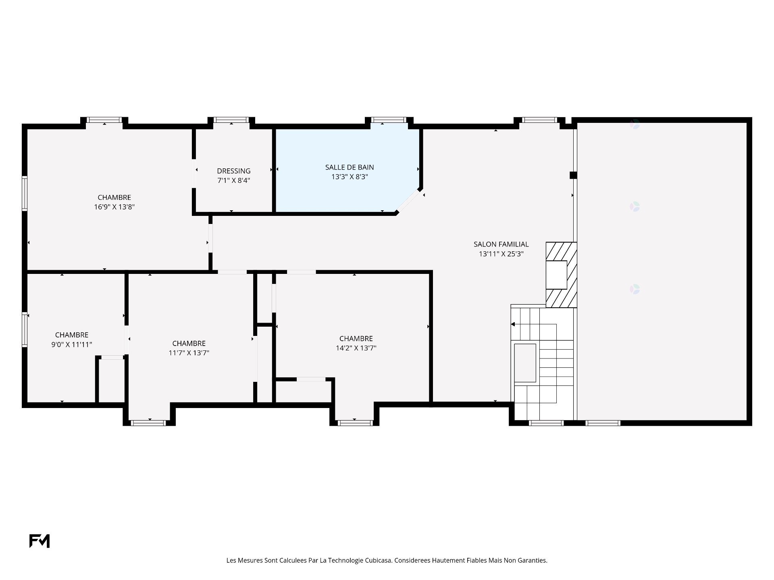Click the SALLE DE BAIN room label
point(350,167)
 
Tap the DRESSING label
point(234,171)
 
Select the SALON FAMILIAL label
point(501,244)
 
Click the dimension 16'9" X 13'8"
point(114,207)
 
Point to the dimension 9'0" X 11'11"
point(72,345)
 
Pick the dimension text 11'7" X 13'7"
point(189,353)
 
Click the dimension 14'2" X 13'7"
point(356,348)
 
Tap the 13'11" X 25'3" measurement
point(501,254)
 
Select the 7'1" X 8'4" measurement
point(234,181)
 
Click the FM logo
point(40,541)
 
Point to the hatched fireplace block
point(561,275)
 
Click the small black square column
point(573,175)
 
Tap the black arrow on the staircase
point(513,324)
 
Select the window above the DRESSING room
point(231,120)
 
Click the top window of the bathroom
point(389,120)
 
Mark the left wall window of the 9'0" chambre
point(25,329)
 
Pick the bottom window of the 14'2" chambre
point(355,423)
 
